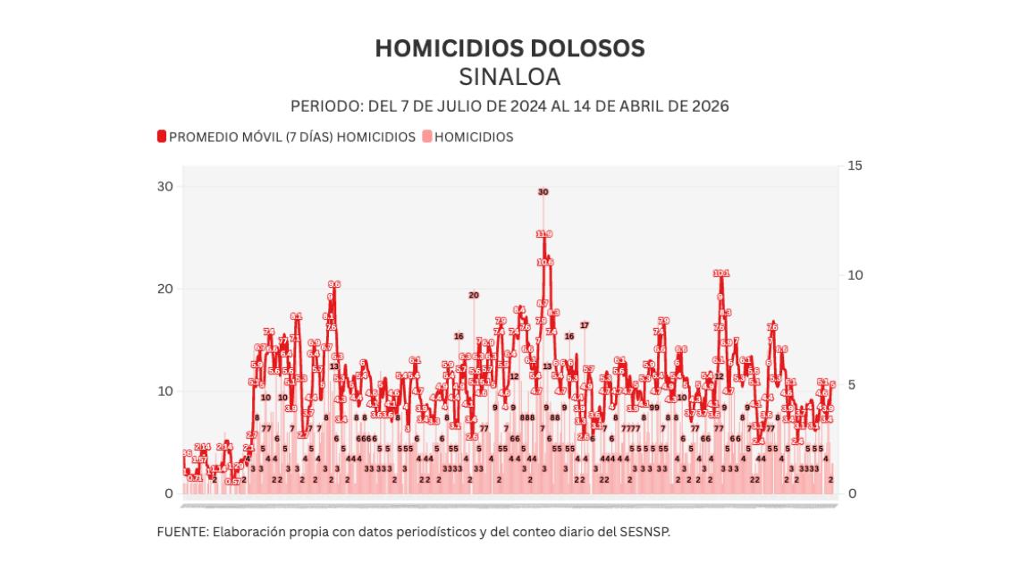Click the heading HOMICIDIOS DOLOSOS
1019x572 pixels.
pos(509,48)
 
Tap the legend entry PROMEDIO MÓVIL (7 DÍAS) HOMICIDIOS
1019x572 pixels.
pos(291,137)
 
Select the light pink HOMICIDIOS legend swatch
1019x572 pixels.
pos(427,137)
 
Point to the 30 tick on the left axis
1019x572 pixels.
pos(164,186)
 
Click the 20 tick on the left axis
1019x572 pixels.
pos(164,289)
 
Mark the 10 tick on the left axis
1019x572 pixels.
pos(164,391)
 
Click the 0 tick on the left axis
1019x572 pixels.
pos(168,493)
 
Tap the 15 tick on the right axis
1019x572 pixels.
pos(855,165)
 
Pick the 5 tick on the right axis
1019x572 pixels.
pos(852,384)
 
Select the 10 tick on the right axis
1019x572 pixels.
pos(855,275)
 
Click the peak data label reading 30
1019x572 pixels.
pos(543,192)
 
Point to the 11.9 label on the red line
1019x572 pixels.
pos(544,234)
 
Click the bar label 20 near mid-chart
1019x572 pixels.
pos(474,295)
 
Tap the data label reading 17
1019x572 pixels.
pos(585,325)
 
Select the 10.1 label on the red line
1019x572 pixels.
pos(721,273)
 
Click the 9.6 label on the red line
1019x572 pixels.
pos(334,284)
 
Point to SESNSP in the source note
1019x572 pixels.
pos(644,532)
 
